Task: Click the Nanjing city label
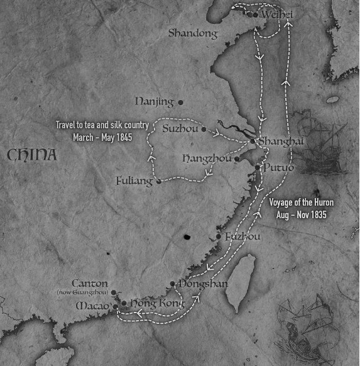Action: pos(155,101)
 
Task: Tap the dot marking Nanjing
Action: pos(180,102)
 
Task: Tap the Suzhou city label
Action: pos(180,129)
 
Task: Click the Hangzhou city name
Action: pos(206,159)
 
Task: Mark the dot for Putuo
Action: pos(258,167)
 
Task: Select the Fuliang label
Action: pos(134,181)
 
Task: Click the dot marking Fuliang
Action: pos(158,181)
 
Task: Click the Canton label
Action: pos(90,284)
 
